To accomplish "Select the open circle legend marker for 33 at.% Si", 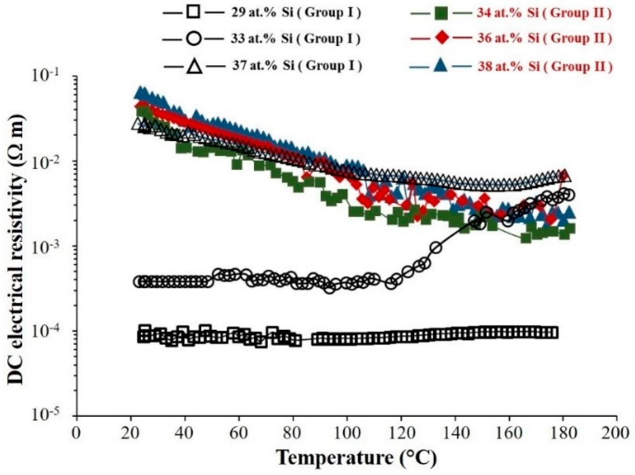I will click(193, 39).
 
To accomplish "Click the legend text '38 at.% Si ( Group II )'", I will click(544, 66).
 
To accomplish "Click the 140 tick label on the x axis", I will click(455, 433).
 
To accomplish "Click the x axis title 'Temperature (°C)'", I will click(356, 458).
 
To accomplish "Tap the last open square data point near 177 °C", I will click(553, 332).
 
